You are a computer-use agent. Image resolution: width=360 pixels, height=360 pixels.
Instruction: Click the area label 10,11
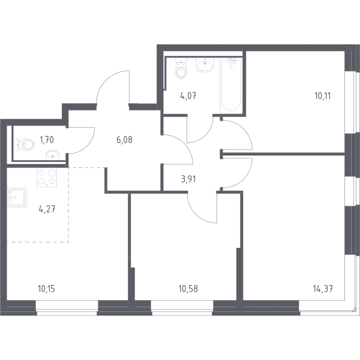coord(323,96)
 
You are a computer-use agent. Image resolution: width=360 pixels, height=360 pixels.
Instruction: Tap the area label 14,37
coord(323,289)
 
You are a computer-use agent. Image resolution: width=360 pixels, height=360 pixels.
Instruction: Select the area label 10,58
coord(188,289)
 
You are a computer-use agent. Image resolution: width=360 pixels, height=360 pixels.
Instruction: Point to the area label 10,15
coord(47,289)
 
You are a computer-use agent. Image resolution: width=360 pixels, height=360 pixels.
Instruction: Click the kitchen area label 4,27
coord(47,209)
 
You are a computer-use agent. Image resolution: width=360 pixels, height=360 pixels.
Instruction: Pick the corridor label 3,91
coord(188,179)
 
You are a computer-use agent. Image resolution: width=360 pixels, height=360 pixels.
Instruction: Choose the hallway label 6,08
coord(124,140)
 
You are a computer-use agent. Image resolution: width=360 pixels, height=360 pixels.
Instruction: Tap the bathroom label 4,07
coord(188,96)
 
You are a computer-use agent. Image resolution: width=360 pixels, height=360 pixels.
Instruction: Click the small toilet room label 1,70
coord(47,140)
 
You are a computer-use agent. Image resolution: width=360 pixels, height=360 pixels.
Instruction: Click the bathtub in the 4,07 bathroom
coord(231,85)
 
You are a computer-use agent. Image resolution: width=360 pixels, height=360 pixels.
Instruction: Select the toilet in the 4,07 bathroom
coord(181,68)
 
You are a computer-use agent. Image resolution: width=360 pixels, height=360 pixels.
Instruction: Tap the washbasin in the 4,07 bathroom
coord(205,65)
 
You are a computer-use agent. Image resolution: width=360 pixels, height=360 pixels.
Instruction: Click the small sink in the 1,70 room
coord(52,155)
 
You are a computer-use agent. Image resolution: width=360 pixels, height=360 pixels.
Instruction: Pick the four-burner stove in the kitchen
coord(47,178)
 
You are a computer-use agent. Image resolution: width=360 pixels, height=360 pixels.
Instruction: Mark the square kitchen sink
coord(17,197)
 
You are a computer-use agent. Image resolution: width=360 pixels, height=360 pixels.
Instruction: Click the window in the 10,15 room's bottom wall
coord(67,308)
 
